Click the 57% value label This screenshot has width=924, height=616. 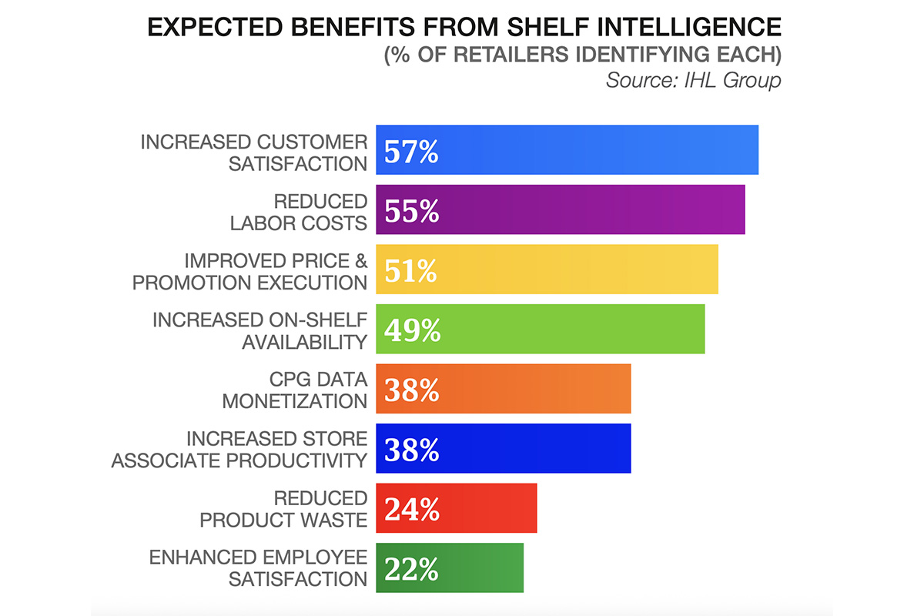[x=411, y=152]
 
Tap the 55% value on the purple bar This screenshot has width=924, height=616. [x=411, y=211]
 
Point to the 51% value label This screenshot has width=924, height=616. [x=410, y=270]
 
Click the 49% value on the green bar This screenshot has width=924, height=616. [x=412, y=330]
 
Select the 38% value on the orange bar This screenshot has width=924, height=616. [x=411, y=390]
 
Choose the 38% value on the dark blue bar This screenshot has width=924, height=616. [x=411, y=449]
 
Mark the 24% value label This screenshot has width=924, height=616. [x=411, y=508]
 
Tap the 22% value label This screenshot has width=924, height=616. [x=411, y=568]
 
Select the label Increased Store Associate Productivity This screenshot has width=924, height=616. [x=239, y=449]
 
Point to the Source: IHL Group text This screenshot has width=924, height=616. [x=693, y=80]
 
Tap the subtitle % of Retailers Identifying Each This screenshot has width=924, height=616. [x=583, y=55]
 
